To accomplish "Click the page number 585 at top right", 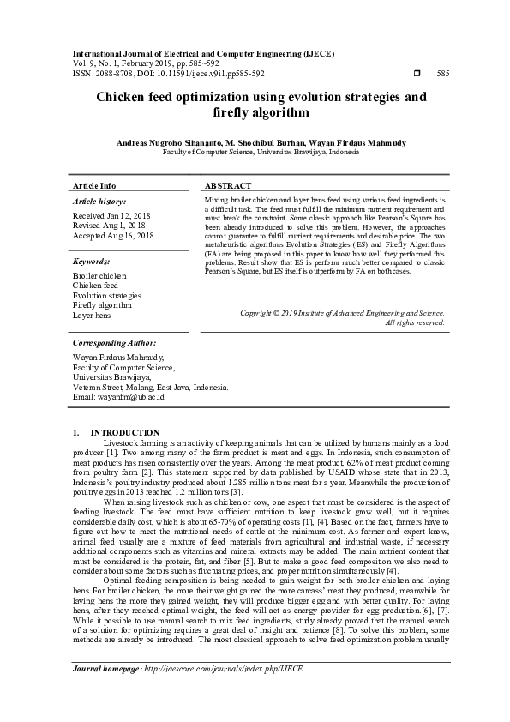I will [443, 74].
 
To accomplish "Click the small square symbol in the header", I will [417, 74].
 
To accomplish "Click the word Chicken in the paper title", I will [127, 97].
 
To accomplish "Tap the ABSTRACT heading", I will [228, 186].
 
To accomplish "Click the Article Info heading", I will [94, 186].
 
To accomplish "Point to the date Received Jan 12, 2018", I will [111, 216].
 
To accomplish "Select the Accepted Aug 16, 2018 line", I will [113, 235].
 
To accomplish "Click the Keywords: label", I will [92, 260].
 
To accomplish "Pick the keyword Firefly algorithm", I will [103, 305].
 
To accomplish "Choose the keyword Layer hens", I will [92, 316].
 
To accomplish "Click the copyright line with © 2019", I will [342, 314].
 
